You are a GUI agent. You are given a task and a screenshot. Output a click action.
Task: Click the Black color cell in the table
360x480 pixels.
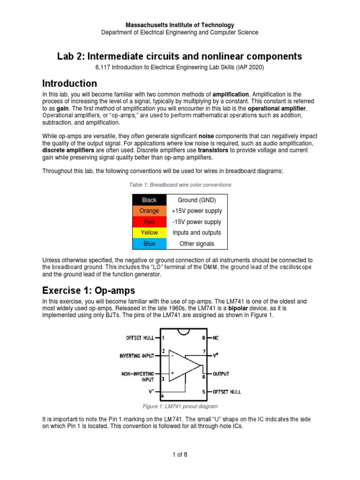pyautogui.click(x=149, y=200)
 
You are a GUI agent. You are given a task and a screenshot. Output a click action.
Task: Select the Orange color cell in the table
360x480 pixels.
pyautogui.click(x=149, y=211)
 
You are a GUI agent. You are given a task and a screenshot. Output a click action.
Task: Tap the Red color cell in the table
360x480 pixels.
pyautogui.click(x=149, y=222)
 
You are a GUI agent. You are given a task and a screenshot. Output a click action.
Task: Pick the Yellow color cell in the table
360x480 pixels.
pyautogui.click(x=149, y=232)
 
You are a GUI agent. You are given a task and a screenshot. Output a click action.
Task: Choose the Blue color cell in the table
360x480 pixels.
pyautogui.click(x=149, y=244)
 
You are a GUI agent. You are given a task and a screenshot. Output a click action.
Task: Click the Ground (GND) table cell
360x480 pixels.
pyautogui.click(x=197, y=200)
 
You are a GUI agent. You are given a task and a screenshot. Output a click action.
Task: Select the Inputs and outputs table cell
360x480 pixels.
pyautogui.click(x=197, y=232)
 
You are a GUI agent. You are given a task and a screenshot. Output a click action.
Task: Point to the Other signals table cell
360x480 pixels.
pyautogui.click(x=197, y=244)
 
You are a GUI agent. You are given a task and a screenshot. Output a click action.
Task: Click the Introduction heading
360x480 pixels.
pyautogui.click(x=69, y=84)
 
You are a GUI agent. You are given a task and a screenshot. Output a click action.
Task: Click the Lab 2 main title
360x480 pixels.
pyautogui.click(x=180, y=57)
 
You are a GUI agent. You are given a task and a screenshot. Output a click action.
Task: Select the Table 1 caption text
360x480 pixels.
pyautogui.click(x=180, y=185)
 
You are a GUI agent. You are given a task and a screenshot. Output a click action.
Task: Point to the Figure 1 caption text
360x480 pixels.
pyautogui.click(x=180, y=406)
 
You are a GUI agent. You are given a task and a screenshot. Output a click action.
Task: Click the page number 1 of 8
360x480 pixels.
pyautogui.click(x=180, y=455)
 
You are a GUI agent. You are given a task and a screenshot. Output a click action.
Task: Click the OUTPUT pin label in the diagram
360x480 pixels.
pyautogui.click(x=221, y=374)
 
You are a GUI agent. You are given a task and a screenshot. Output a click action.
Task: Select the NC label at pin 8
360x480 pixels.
pyautogui.click(x=216, y=337)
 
